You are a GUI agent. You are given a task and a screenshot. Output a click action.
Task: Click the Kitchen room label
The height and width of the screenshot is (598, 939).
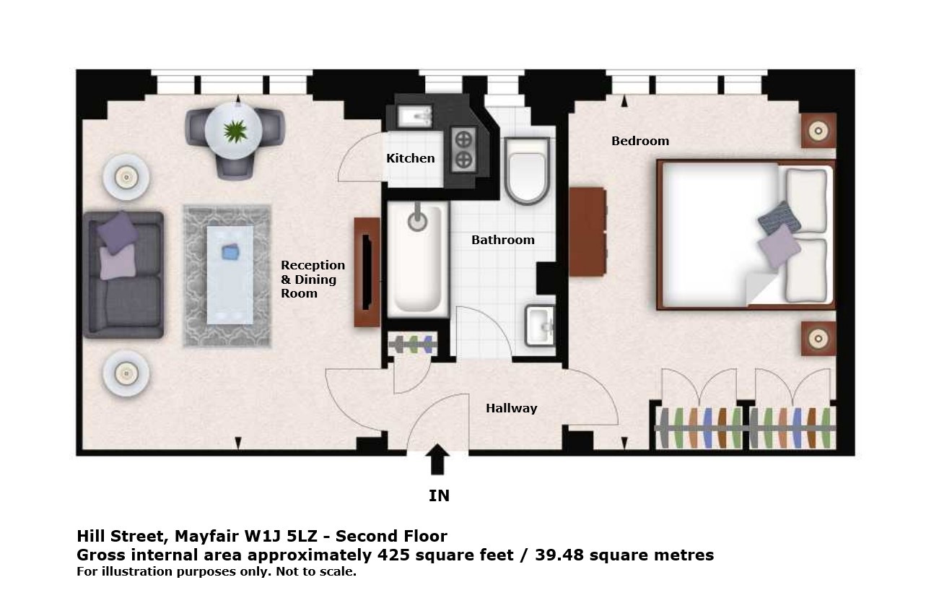tap(411, 158)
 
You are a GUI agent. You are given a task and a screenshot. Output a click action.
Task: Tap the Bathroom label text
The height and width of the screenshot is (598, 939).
tap(503, 240)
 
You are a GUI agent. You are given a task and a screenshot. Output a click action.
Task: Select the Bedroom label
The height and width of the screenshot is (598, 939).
tap(640, 141)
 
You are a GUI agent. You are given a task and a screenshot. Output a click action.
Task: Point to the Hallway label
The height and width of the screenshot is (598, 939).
tap(512, 408)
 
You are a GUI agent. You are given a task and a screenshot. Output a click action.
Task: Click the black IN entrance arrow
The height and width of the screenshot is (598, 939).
tap(437, 459)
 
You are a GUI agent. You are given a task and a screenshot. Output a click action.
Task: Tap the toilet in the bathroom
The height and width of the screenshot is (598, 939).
tap(527, 170)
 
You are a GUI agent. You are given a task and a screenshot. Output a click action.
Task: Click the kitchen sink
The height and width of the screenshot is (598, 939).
tap(414, 116)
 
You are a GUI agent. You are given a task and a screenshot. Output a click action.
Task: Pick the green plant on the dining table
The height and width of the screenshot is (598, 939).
tap(235, 131)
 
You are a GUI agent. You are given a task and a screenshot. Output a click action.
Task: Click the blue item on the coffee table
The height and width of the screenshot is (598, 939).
tap(230, 251)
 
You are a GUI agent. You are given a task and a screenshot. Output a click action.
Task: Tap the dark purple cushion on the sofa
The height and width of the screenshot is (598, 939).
tap(118, 233)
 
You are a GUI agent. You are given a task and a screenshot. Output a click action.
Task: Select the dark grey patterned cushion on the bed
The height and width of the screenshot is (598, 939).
tap(779, 218)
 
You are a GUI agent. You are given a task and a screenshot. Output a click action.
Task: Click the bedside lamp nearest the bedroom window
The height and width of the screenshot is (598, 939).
tap(818, 131)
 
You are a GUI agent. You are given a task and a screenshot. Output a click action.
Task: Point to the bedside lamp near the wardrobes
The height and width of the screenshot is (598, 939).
tap(818, 339)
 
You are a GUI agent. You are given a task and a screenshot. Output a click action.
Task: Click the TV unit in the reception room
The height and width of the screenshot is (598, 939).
tap(367, 272)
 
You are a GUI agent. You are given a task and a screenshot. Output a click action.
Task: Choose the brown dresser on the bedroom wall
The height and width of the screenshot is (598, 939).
tap(588, 232)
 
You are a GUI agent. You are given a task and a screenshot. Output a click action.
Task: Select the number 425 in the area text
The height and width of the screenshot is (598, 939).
tap(393, 555)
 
